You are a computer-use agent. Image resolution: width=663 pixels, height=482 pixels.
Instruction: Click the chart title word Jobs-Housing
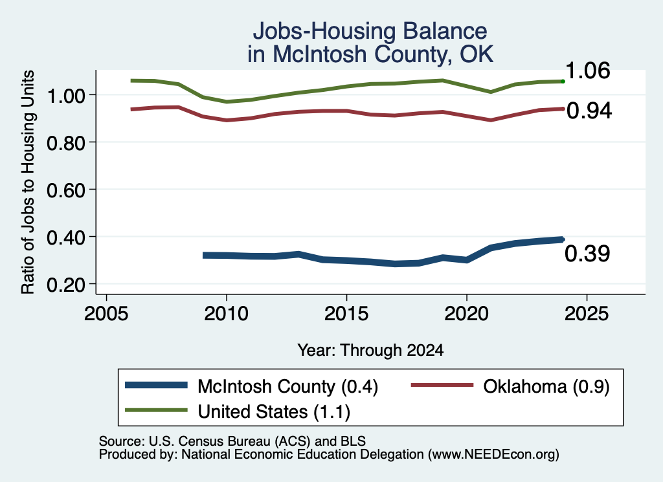click(324, 31)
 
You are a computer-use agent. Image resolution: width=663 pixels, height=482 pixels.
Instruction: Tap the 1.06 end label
click(587, 71)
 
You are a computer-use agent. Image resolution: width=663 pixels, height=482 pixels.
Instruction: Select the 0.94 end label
click(589, 111)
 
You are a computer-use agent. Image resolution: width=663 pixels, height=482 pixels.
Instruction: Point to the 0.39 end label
click(587, 254)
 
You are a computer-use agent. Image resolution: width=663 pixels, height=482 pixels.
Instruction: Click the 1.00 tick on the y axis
click(66, 96)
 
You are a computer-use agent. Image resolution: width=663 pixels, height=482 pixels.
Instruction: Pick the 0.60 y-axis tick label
click(66, 190)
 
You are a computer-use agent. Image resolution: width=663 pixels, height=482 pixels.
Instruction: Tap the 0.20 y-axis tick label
click(66, 285)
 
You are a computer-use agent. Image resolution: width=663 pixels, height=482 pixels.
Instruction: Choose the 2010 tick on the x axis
click(226, 314)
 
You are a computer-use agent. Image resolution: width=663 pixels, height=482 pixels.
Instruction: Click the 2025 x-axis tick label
click(587, 314)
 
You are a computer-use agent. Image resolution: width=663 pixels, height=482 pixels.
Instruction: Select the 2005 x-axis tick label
click(107, 314)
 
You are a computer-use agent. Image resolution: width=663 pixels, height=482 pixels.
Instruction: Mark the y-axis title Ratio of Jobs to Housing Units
click(28, 182)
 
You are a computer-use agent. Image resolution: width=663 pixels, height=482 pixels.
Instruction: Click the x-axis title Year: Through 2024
click(370, 350)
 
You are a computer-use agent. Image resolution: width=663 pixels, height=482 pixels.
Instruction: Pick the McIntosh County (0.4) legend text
click(287, 386)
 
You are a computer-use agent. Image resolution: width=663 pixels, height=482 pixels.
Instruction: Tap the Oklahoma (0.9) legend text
click(546, 386)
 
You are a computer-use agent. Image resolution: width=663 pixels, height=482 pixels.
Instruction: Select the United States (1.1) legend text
click(274, 412)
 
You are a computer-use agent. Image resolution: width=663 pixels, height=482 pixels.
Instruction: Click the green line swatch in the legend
click(157, 410)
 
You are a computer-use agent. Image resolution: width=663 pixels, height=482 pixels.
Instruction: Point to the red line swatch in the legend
click(442, 385)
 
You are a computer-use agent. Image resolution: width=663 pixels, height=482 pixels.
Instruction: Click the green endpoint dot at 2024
click(563, 81)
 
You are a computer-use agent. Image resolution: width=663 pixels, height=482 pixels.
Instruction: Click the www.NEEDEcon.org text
click(493, 455)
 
